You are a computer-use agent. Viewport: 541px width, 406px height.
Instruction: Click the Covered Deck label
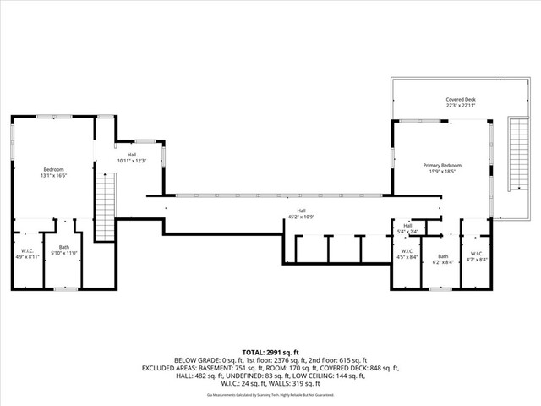click(x=461, y=99)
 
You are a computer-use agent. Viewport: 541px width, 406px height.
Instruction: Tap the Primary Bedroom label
click(x=442, y=165)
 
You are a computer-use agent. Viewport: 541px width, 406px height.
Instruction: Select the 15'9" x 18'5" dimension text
click(x=442, y=172)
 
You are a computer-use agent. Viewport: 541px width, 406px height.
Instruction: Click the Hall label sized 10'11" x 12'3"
click(x=132, y=154)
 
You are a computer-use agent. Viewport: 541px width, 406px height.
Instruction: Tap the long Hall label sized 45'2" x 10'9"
click(x=301, y=211)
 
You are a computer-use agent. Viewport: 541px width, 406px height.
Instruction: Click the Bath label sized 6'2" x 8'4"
click(x=442, y=256)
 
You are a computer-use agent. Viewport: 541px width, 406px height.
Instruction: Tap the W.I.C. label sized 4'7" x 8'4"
click(x=477, y=253)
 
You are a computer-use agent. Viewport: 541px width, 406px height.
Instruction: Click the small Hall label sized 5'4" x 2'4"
click(x=407, y=226)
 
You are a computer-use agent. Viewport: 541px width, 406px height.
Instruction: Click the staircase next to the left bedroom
click(x=105, y=207)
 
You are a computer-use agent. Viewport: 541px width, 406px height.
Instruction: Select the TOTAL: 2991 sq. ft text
click(x=270, y=352)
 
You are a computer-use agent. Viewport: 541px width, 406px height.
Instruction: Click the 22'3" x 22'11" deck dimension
click(x=461, y=106)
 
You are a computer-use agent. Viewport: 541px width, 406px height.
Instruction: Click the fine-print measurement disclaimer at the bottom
click(x=270, y=394)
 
